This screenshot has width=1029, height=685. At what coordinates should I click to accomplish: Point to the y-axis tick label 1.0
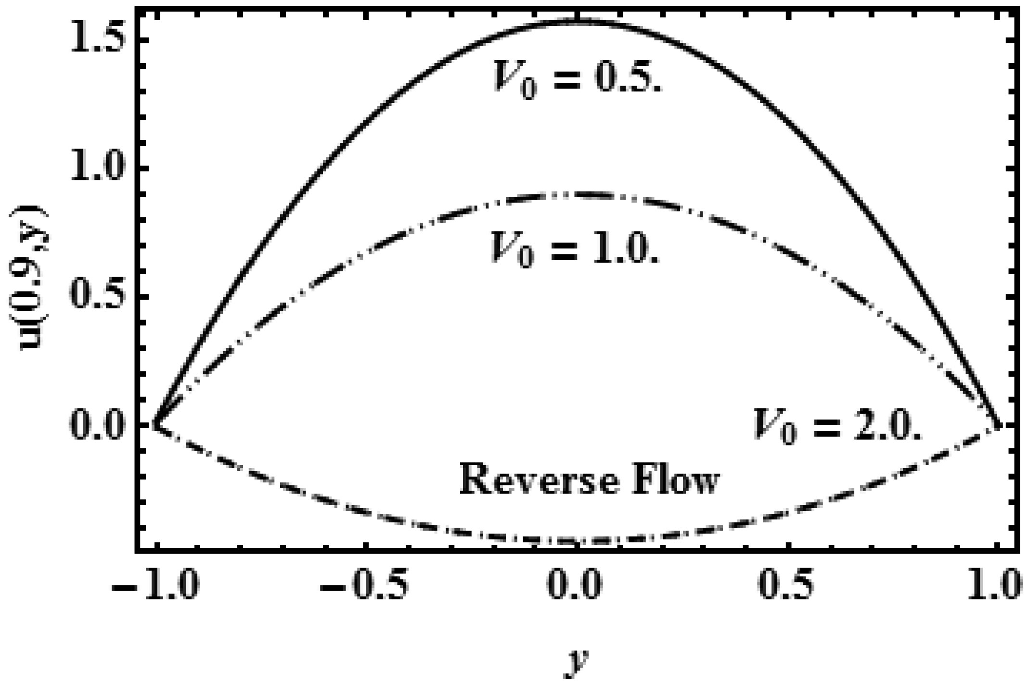click(x=99, y=168)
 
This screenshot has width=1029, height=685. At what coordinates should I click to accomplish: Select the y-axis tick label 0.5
click(x=99, y=297)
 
